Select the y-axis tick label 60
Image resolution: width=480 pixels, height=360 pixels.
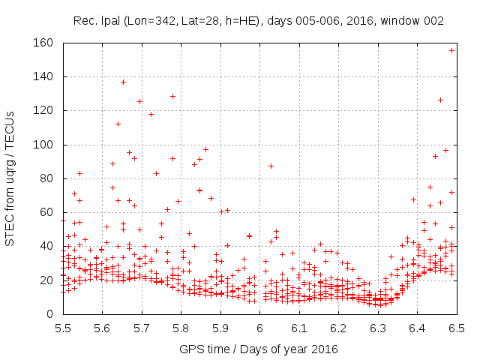48,212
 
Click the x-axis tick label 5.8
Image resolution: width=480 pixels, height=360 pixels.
181,328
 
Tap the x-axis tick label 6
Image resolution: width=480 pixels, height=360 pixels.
259,328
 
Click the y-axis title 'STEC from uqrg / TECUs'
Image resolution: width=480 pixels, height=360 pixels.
10,178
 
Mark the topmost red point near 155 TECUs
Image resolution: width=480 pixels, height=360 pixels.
452,50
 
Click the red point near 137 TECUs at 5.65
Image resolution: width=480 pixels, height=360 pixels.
123,82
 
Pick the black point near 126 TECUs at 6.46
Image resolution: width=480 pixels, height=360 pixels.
441,100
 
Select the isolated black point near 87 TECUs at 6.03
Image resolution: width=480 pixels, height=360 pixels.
271,166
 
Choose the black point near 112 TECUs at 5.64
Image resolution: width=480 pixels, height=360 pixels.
118,124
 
